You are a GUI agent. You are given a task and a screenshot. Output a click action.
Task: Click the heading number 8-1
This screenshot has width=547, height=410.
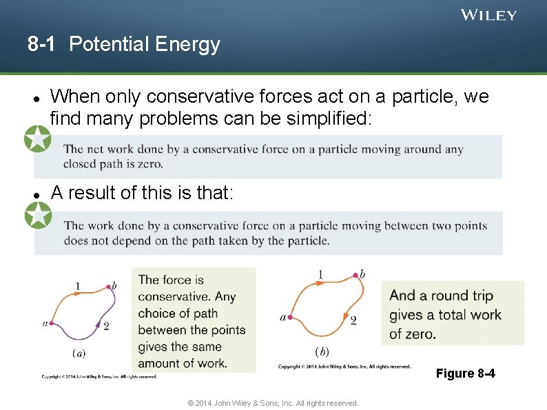click(x=41, y=45)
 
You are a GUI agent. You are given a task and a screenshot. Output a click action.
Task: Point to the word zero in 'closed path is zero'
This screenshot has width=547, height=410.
click(x=150, y=164)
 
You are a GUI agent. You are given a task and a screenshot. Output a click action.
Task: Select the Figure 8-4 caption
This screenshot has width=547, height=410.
click(x=465, y=373)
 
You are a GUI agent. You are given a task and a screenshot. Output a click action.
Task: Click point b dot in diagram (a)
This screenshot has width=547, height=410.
click(x=107, y=285)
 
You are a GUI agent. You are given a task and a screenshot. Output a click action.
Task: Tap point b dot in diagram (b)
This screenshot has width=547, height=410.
click(x=355, y=275)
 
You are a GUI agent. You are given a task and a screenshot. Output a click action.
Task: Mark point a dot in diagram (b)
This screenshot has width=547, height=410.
click(x=291, y=318)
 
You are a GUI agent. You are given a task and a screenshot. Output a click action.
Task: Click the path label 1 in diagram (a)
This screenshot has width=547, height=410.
click(x=78, y=285)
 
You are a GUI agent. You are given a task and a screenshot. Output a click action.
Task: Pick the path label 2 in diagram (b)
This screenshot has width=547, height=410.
click(x=353, y=320)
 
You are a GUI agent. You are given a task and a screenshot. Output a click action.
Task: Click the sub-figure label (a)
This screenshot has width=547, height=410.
click(x=79, y=353)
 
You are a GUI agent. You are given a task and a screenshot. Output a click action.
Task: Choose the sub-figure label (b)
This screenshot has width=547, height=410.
click(x=321, y=351)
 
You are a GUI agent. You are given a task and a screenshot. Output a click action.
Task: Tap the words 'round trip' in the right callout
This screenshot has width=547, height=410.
click(x=462, y=296)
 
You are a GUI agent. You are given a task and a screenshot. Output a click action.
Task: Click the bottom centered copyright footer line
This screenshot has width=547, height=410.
click(x=273, y=403)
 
